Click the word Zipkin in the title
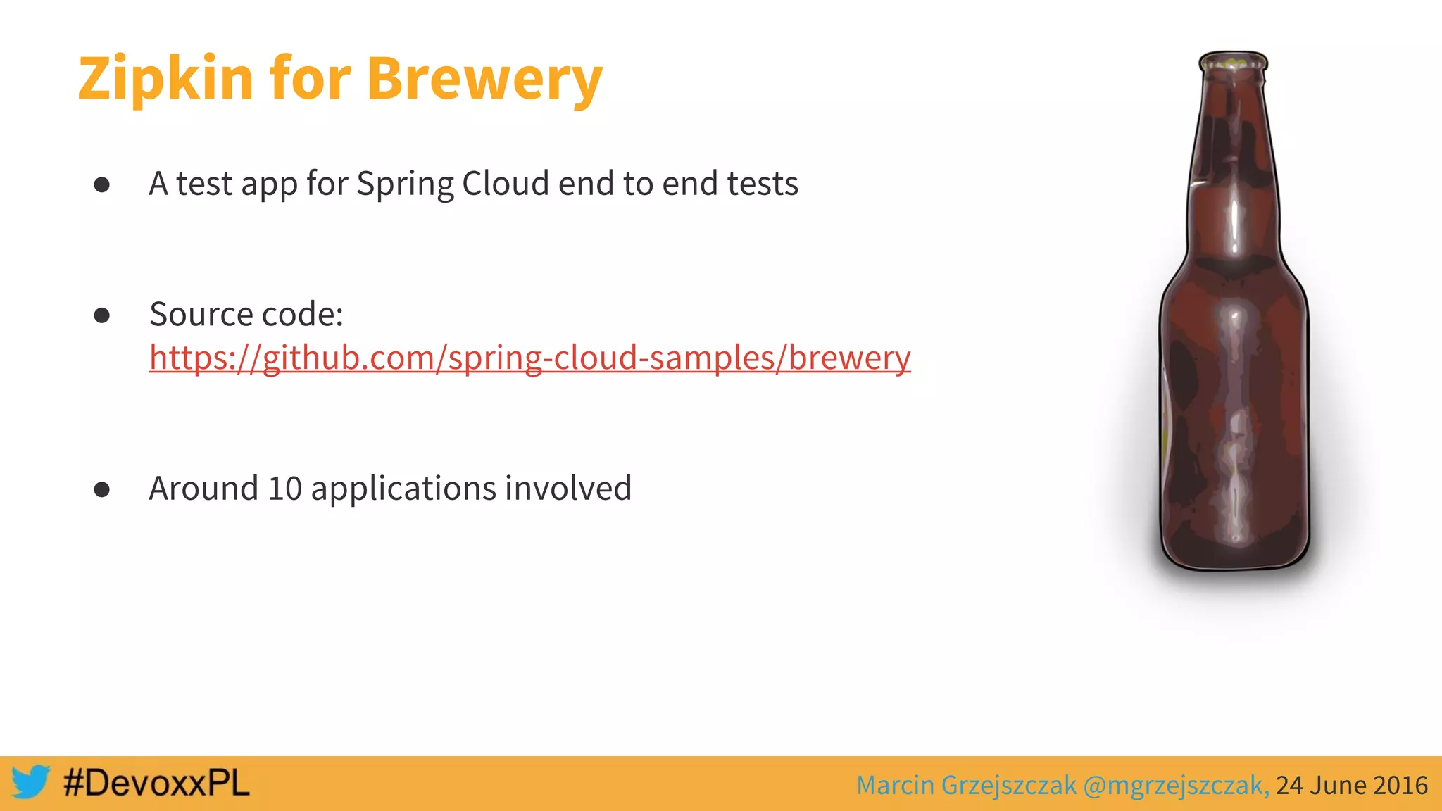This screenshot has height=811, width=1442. pyautogui.click(x=165, y=79)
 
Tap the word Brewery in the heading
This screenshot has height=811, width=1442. pyautogui.click(x=484, y=79)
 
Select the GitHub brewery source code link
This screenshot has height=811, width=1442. pyautogui.click(x=529, y=358)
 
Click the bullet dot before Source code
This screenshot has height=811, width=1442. pyautogui.click(x=102, y=315)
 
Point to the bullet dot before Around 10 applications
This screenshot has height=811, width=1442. pyautogui.click(x=102, y=489)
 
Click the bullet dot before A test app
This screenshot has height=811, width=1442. pyautogui.click(x=102, y=184)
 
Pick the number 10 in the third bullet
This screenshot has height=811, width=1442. pyautogui.click(x=284, y=489)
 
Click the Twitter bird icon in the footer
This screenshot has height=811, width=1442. pyautogui.click(x=30, y=782)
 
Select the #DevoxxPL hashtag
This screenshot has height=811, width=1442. pyautogui.click(x=156, y=783)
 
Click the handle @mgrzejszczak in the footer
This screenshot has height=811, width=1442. pyautogui.click(x=1176, y=785)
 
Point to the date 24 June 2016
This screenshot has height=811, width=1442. pyautogui.click(x=1351, y=785)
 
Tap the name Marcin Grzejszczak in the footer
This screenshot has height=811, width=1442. pyautogui.click(x=966, y=785)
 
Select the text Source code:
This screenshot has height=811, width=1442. pyautogui.click(x=246, y=314)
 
